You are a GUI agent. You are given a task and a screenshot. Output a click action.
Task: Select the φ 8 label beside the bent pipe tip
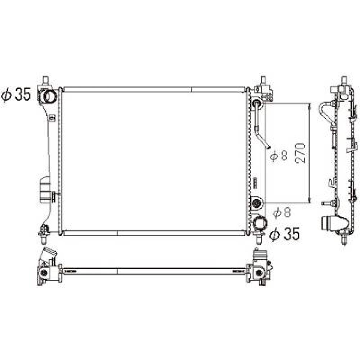coord(279,156)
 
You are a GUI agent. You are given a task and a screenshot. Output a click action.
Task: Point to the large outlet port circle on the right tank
coord(259,224)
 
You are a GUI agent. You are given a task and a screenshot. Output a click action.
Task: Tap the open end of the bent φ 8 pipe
coord(268,147)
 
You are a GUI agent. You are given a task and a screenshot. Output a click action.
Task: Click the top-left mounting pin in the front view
coord(46,80)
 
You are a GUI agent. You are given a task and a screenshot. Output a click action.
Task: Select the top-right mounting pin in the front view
coord(263,80)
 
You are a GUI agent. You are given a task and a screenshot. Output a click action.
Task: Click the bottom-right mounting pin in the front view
coord(259,238)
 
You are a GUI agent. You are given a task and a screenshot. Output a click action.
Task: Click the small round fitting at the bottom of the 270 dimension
coord(257,203)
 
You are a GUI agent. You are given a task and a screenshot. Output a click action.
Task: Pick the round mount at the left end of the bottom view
coord(44,273)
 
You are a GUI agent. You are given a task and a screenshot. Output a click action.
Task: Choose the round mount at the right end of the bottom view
coord(258,273)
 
